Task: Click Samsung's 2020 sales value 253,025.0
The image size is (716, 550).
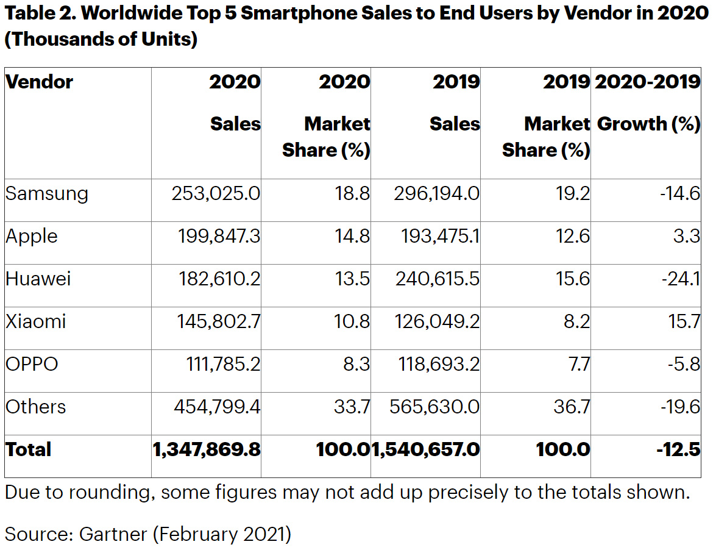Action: [x=216, y=194]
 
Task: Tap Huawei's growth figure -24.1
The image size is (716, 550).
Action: [x=682, y=279]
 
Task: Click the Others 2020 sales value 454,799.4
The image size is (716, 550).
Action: [x=216, y=407]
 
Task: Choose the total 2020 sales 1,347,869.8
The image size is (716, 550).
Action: [x=207, y=450]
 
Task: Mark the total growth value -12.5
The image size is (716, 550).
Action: [x=679, y=450]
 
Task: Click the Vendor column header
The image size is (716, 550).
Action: [x=39, y=82]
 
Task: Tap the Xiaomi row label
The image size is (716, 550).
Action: [x=35, y=322]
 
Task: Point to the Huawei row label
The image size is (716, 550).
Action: [x=38, y=279]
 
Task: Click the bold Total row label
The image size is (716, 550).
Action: [x=28, y=450]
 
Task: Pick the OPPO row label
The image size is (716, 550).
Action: [x=32, y=365]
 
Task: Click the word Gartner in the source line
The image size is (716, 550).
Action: [x=113, y=534]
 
